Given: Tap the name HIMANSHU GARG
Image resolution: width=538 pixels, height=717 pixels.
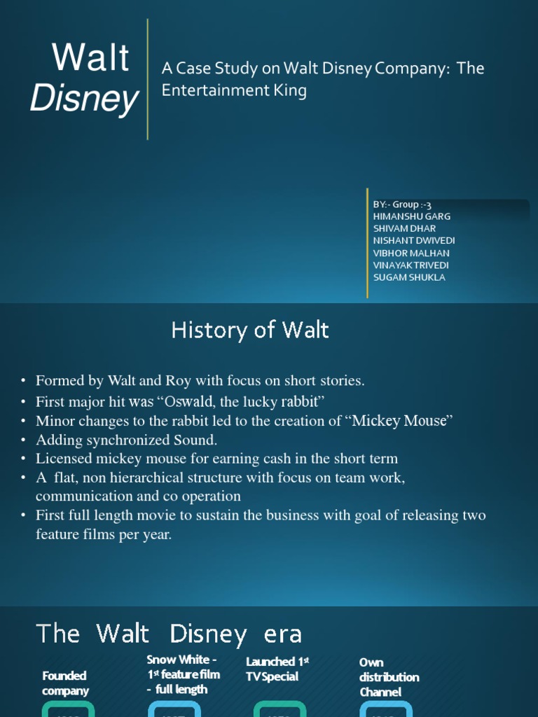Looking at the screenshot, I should (412, 216).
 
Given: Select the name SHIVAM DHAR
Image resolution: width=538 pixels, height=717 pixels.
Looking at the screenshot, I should (404, 228).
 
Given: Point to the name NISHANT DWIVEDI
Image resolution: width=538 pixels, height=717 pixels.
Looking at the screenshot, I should (414, 240).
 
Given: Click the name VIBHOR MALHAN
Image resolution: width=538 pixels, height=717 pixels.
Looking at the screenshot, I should (411, 253).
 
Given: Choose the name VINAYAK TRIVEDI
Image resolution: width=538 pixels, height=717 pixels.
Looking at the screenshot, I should (411, 265).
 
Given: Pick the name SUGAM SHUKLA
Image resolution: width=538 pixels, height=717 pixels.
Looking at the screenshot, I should (409, 277).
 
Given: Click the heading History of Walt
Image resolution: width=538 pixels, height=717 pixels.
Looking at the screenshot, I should (250, 330).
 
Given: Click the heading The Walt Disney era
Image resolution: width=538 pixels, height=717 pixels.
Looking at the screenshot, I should (169, 634).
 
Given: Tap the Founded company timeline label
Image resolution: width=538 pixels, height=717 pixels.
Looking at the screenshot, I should (65, 683).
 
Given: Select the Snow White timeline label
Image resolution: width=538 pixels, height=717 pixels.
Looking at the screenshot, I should (183, 674).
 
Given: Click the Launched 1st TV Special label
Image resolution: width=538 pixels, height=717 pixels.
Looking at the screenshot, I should (277, 669).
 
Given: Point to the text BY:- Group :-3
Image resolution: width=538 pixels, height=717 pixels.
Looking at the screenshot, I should (401, 204).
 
